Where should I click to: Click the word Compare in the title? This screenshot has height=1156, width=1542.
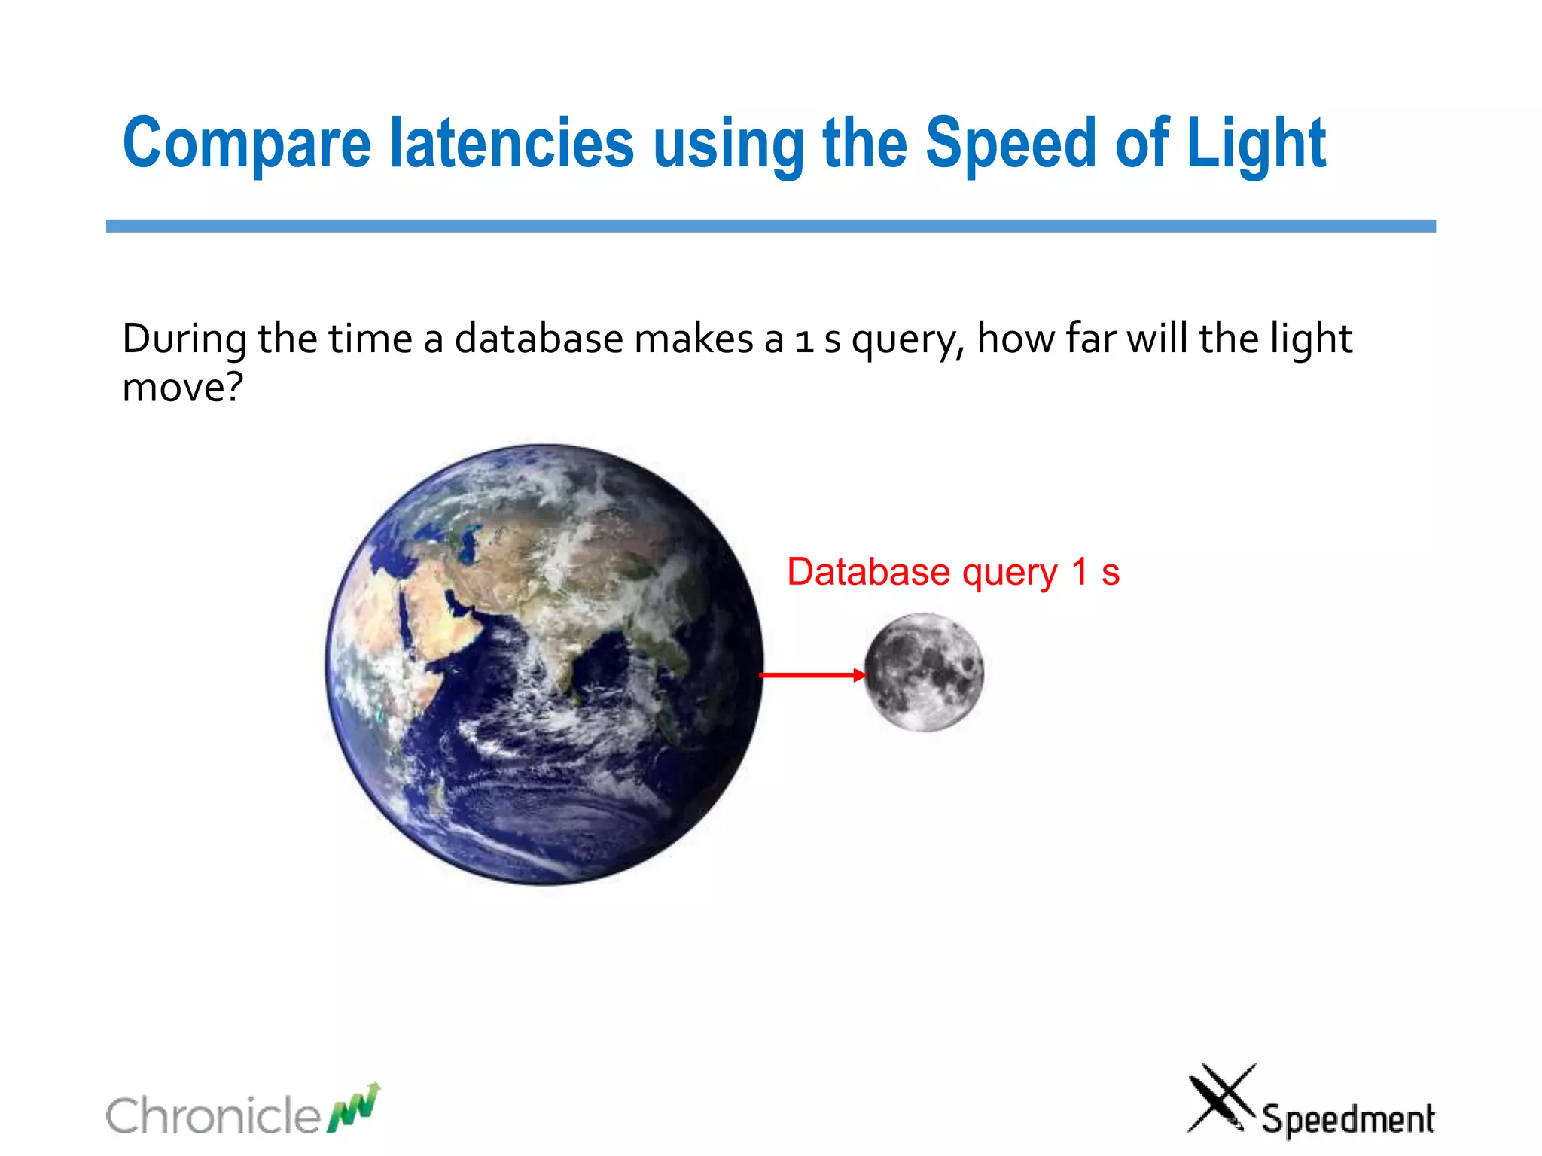[247, 143]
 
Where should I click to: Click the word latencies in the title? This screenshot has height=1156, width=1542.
[512, 143]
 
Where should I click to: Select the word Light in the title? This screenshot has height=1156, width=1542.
[1255, 143]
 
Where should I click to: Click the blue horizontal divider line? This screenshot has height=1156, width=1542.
[770, 226]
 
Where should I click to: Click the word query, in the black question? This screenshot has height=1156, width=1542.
[907, 340]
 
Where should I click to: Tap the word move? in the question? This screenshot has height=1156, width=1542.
[182, 388]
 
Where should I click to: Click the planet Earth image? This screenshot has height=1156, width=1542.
[544, 664]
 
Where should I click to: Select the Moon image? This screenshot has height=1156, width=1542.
[924, 671]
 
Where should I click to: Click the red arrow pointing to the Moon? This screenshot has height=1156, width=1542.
[812, 675]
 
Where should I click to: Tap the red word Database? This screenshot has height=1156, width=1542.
[868, 572]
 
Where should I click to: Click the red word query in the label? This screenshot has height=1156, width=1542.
[1010, 573]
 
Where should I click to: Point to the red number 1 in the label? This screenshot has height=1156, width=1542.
[1080, 571]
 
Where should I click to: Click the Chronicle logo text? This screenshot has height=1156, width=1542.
[213, 1115]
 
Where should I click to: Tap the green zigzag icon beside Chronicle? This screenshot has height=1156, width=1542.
[354, 1109]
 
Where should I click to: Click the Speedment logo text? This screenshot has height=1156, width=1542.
[1348, 1118]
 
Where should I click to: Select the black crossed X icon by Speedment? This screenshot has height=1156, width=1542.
[1220, 1098]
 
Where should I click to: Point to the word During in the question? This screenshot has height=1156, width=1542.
[184, 339]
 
